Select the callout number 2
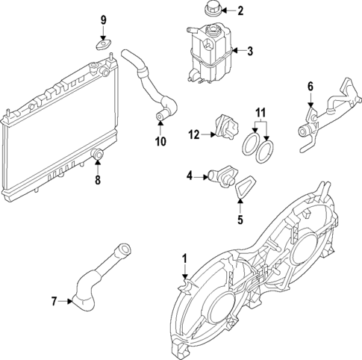[240, 10]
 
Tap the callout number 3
[251, 52]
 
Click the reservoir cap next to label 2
[209, 10]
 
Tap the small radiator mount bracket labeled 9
[104, 43]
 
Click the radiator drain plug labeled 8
[96, 155]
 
